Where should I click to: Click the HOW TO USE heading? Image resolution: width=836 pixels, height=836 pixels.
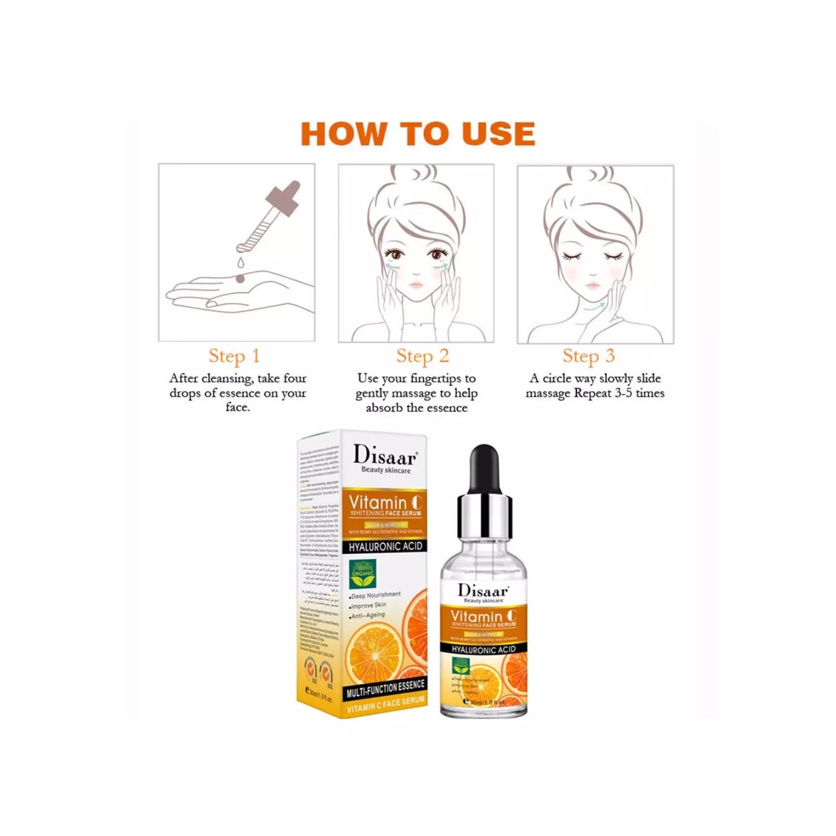pos(418,134)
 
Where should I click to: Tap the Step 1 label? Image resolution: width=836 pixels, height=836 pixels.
pos(234,356)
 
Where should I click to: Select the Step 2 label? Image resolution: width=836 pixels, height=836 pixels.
pos(422,356)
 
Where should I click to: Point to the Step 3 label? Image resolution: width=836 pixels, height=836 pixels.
pos(588,356)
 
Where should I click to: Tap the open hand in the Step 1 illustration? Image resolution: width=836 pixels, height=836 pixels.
pos(231,289)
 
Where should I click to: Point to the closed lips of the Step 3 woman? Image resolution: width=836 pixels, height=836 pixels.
pos(593,286)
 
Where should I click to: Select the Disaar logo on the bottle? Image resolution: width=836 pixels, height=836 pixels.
pos(483,591)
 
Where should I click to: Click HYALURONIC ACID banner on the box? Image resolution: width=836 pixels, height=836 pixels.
pos(386,546)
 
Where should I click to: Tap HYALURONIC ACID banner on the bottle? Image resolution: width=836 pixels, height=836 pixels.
pos(484,649)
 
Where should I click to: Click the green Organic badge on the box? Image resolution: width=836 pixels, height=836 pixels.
pos(363,572)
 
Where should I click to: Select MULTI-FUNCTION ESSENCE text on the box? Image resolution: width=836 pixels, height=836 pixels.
pos(385,687)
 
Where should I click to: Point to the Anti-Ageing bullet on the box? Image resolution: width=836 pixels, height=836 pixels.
pos(368,616)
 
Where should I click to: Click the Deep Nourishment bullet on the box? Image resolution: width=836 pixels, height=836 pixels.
pos(375,595)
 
